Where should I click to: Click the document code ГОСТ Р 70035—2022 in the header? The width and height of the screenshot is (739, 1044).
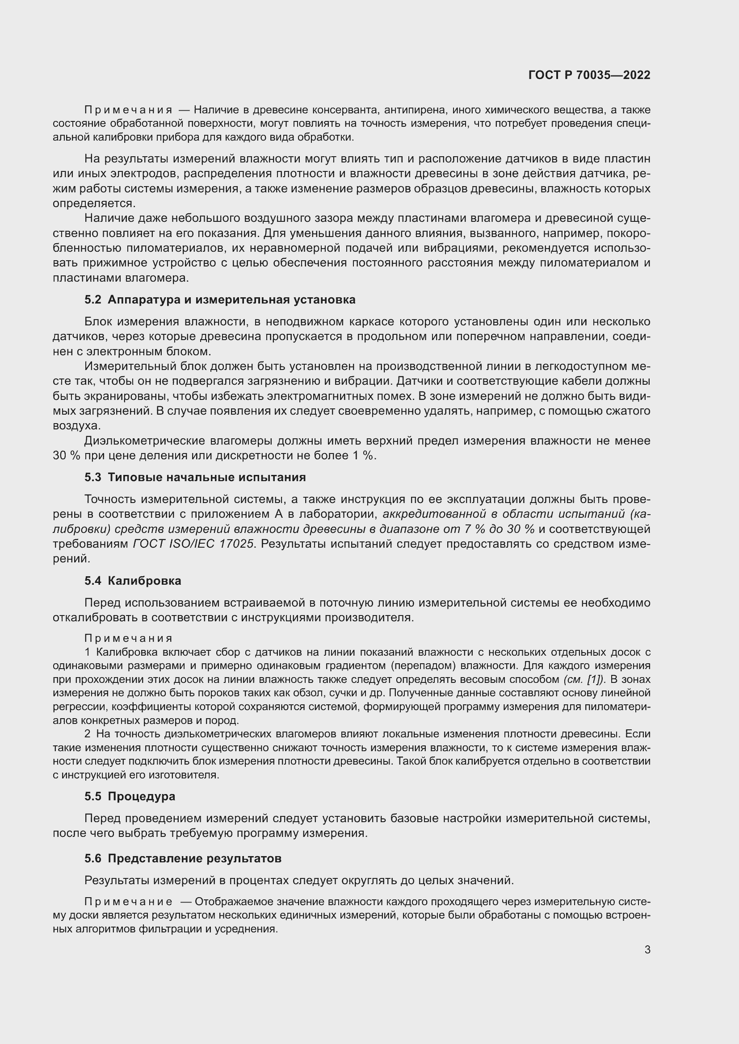point(589,75)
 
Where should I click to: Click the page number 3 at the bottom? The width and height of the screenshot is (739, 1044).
point(647,950)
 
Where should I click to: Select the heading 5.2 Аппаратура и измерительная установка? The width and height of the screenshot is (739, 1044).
point(220,299)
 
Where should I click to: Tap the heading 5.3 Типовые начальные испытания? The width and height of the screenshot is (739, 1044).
point(195,478)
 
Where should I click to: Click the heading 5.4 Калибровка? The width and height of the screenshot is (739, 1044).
point(132,581)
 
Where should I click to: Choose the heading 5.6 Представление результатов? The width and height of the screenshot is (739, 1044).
point(183,858)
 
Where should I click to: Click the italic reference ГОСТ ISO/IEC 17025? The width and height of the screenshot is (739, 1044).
point(193,544)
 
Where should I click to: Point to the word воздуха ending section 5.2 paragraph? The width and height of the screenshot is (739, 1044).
point(76,426)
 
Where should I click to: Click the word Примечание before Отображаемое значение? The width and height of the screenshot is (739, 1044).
point(128,902)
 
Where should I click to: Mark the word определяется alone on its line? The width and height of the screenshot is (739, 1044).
point(94,203)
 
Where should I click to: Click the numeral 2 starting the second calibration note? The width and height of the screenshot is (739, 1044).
point(88,734)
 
